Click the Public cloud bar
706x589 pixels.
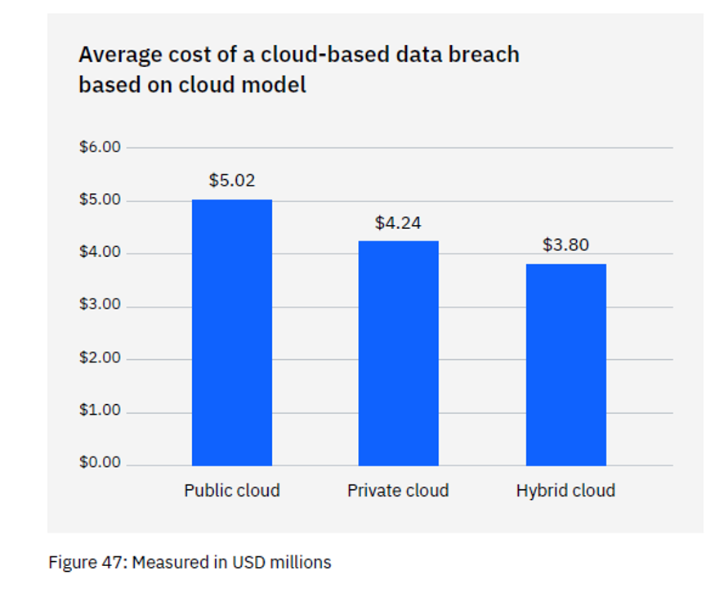click(232, 332)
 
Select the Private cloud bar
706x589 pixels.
click(398, 353)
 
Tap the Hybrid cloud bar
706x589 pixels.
click(565, 364)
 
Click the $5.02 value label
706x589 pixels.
click(232, 181)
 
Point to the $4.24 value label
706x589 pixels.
click(398, 223)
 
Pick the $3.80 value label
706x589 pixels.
click(565, 245)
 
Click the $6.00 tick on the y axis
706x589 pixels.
click(100, 147)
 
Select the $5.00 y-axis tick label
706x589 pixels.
click(100, 200)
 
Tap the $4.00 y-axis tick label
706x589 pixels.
click(100, 253)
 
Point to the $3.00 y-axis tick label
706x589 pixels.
click(100, 305)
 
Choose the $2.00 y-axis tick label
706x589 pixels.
click(100, 357)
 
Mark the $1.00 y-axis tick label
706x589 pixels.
click(100, 411)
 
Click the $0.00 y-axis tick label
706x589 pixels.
click(100, 463)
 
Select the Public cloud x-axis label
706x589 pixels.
click(232, 491)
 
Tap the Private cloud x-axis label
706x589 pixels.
click(398, 491)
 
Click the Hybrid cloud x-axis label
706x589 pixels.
click(565, 491)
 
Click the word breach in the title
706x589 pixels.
click(483, 55)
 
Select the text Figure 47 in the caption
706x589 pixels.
click(86, 563)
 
